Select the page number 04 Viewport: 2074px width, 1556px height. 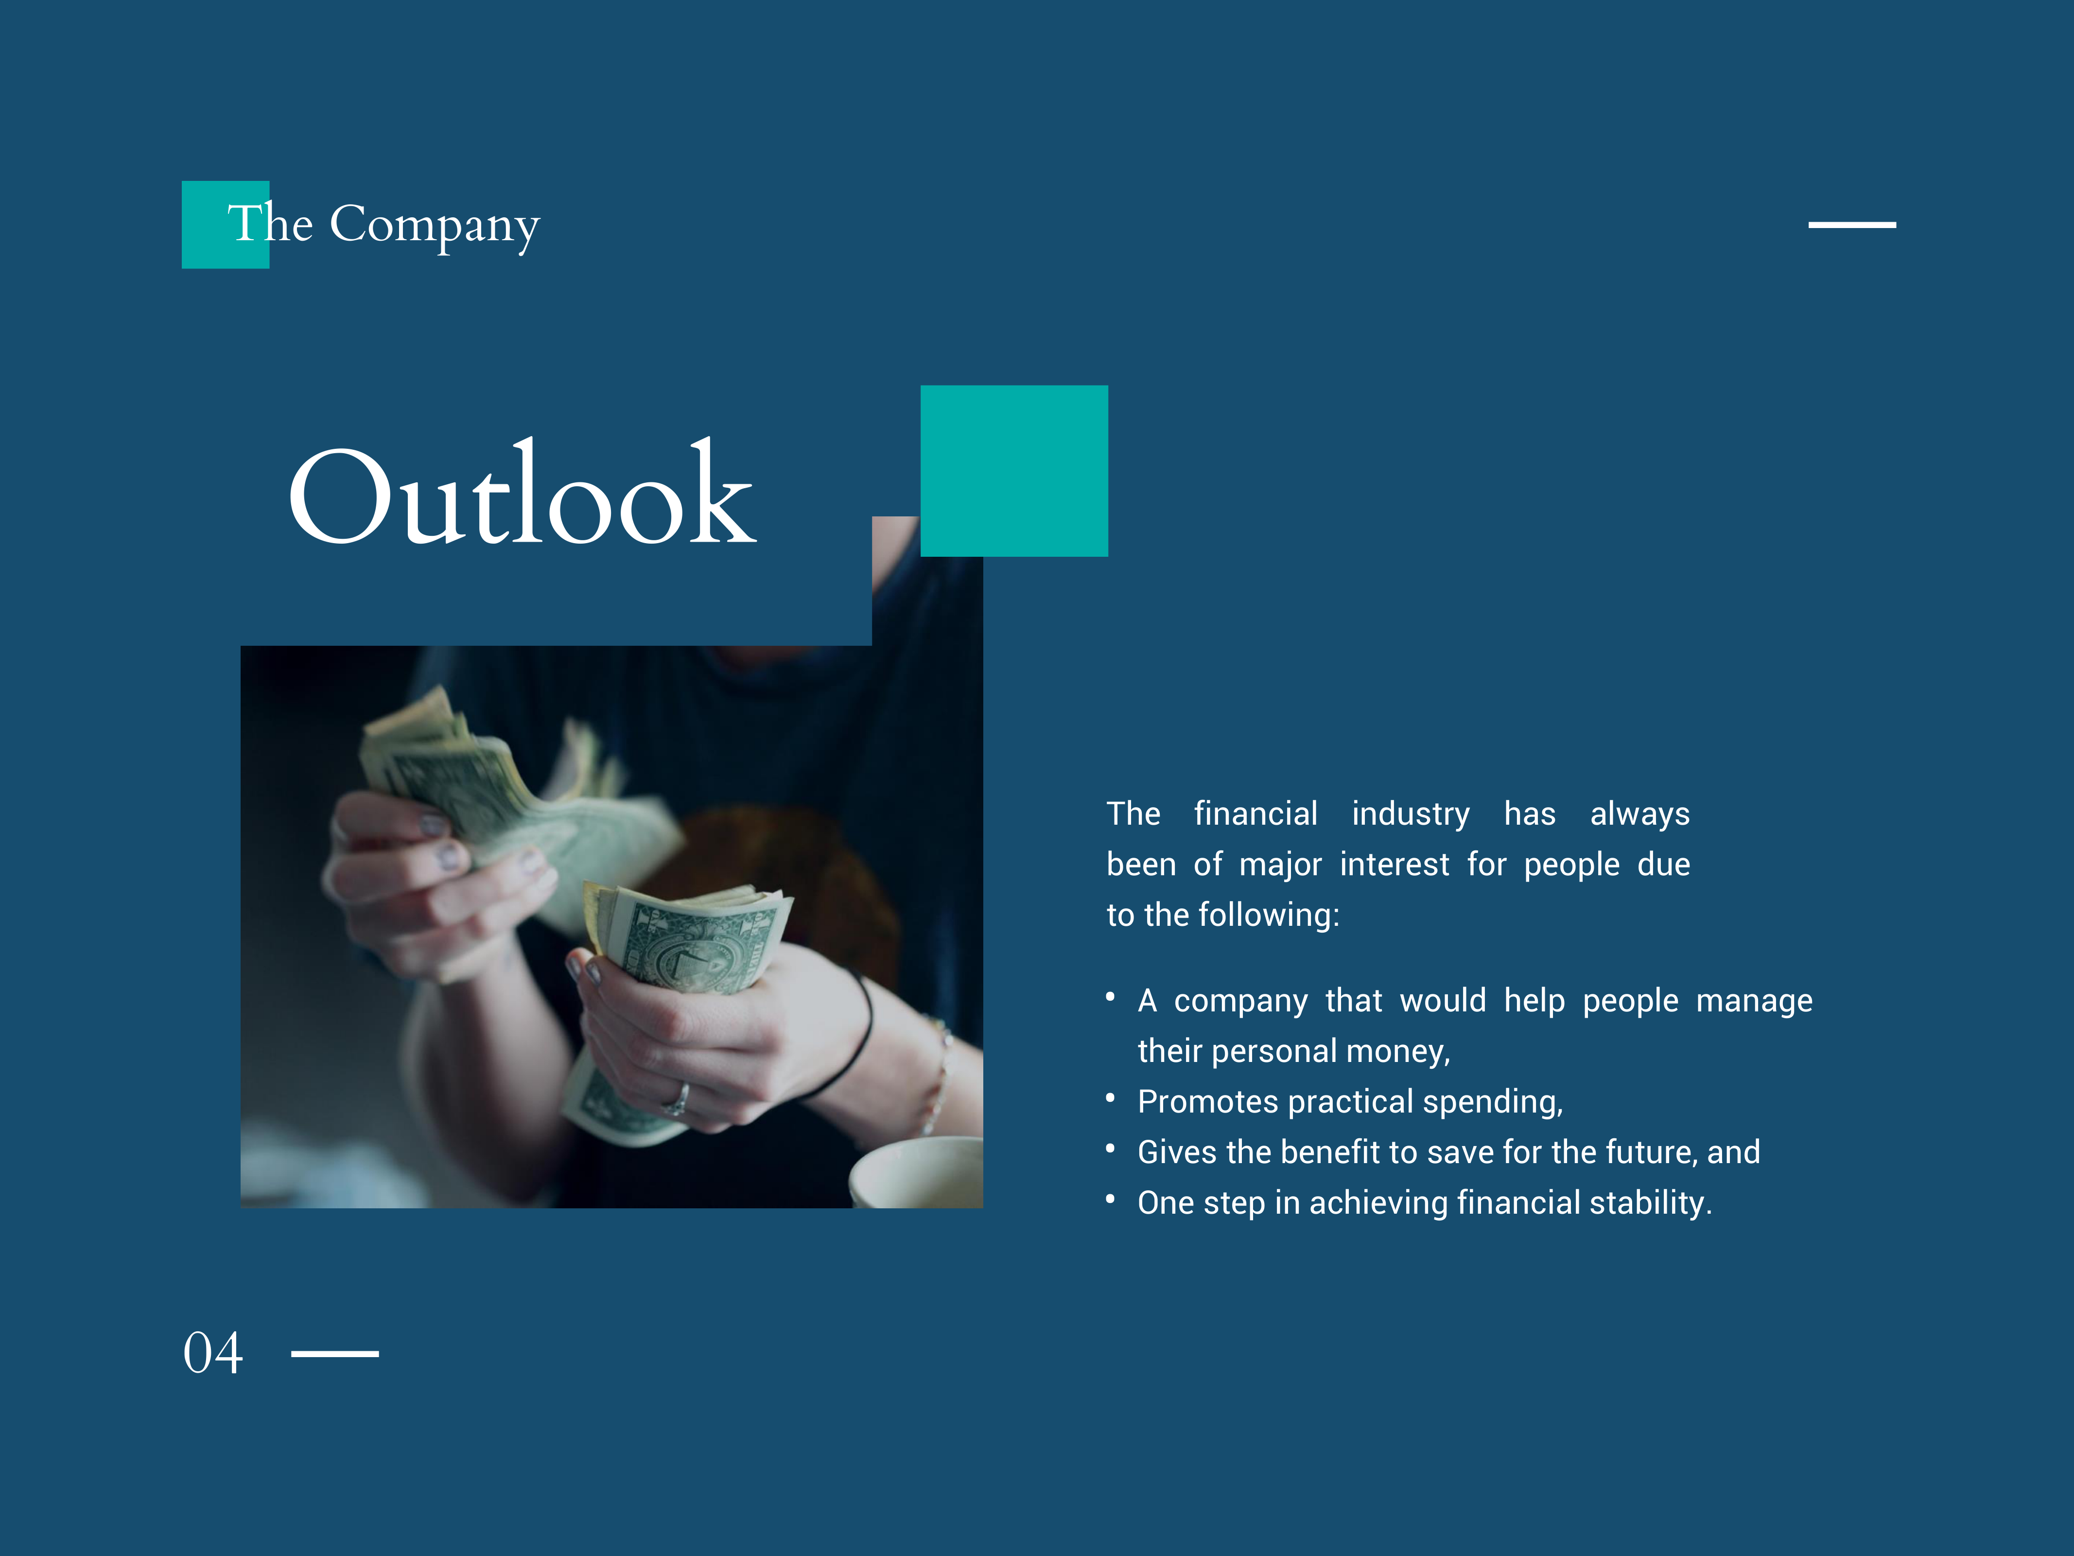click(x=213, y=1353)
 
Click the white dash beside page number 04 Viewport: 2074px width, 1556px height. click(x=335, y=1353)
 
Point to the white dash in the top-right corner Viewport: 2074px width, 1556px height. click(x=1852, y=225)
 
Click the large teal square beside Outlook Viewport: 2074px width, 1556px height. click(x=1014, y=471)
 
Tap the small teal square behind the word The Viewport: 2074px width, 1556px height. click(x=225, y=225)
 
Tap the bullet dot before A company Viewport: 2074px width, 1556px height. click(x=1110, y=997)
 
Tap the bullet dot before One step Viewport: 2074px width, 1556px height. click(x=1110, y=1199)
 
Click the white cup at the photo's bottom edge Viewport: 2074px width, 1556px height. click(x=916, y=1172)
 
